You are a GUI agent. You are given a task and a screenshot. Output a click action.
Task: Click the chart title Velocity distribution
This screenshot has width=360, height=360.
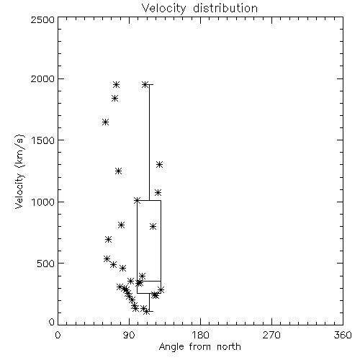199,8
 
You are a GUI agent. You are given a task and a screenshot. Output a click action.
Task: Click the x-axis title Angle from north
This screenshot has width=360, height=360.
199,346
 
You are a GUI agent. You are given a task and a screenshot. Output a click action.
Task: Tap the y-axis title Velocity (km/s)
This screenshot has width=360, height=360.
19,171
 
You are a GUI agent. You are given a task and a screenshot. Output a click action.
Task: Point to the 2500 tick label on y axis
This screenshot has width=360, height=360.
42,19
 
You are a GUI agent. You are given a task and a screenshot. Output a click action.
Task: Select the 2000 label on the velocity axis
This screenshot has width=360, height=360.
42,78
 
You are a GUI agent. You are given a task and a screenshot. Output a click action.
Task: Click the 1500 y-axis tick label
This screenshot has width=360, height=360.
43,140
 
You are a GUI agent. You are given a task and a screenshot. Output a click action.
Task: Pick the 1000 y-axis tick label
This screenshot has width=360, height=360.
43,202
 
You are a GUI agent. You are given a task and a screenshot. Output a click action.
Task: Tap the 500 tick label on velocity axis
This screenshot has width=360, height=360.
46,264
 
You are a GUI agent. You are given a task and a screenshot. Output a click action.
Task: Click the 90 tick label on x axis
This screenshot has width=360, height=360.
129,335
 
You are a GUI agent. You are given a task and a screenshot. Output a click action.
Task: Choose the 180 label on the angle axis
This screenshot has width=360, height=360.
200,335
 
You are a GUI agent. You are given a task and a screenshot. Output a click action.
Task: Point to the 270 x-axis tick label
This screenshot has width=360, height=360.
271,335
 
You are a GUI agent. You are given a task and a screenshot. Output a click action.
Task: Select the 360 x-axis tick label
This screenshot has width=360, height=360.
343,335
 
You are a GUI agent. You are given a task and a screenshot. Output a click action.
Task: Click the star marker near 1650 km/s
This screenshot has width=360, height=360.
105,122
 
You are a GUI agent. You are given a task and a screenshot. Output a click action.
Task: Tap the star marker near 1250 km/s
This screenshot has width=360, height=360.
118,171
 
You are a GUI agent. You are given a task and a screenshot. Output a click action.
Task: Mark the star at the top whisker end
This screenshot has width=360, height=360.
145,84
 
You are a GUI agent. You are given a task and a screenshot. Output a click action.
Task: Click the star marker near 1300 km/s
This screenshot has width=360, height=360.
160,165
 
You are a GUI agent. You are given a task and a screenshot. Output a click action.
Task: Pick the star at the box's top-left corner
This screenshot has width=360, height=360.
137,200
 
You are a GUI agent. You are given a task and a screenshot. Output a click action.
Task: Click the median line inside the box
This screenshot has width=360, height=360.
149,281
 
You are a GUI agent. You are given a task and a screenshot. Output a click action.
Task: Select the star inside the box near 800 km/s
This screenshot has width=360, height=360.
153,226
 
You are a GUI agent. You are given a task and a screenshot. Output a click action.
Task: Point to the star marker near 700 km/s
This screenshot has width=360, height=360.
108,239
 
